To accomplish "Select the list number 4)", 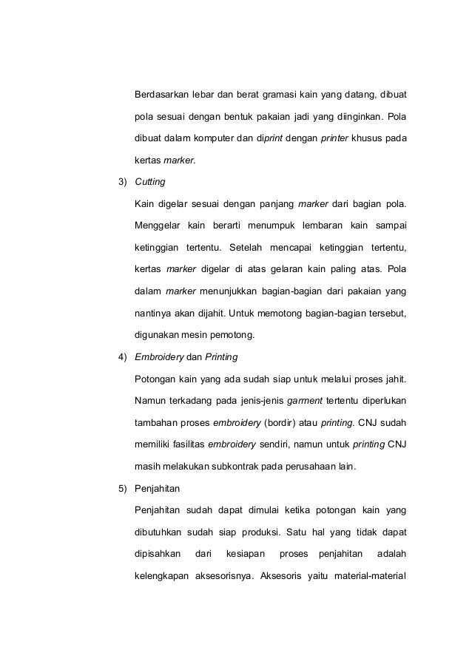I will pos(118,357).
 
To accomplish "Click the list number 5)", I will pos(118,489).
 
